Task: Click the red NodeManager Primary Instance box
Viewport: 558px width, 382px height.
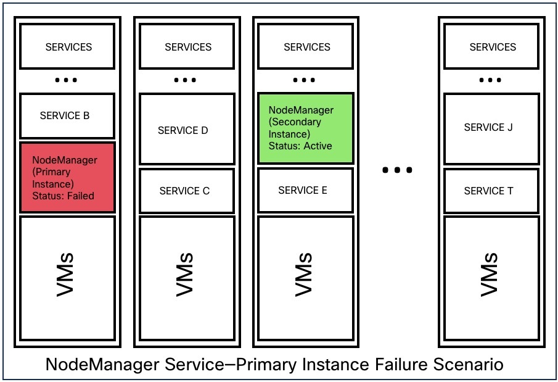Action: tap(67, 178)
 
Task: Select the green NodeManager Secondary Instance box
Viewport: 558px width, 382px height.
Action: tap(305, 128)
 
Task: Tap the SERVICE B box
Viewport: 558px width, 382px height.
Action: tap(67, 115)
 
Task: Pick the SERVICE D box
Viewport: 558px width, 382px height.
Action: tap(186, 130)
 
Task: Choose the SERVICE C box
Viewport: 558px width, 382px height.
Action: tap(186, 191)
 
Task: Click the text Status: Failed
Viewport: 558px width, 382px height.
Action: tap(64, 196)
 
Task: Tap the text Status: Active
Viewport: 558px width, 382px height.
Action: tap(300, 146)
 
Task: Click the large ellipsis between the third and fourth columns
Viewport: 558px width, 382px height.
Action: tap(396, 170)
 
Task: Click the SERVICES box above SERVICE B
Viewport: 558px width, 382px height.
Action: tap(67, 47)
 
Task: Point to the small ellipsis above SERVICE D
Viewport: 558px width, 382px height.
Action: tap(185, 81)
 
